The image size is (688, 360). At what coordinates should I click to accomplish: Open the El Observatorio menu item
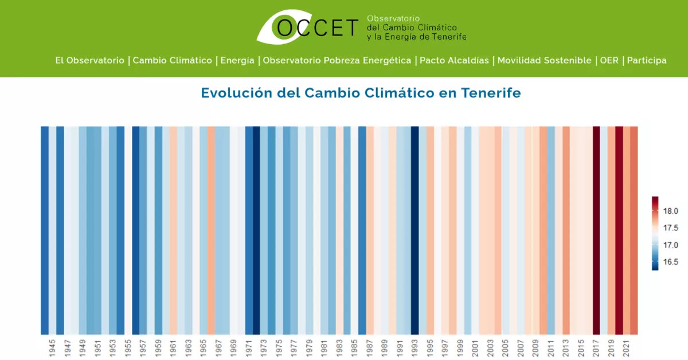point(89,60)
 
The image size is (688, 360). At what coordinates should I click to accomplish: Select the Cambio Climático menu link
point(173,60)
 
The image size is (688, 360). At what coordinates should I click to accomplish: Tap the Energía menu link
point(237,60)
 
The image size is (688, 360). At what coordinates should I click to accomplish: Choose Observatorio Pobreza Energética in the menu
point(337,60)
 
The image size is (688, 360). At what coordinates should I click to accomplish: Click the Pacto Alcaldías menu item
point(454,60)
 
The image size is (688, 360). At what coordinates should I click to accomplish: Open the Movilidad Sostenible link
point(544,60)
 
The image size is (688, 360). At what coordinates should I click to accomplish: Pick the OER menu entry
point(609,60)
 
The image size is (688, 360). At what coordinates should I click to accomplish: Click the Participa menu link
point(647,60)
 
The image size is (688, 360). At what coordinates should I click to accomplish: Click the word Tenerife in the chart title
point(491,93)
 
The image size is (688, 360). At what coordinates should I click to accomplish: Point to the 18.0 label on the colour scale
point(671,211)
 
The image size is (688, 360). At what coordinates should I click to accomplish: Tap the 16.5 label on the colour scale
point(671,261)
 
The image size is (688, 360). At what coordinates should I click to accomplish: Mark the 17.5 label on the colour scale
point(671,228)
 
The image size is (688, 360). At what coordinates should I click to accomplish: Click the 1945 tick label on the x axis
point(53,346)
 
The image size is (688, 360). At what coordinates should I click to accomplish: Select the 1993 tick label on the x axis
point(415,346)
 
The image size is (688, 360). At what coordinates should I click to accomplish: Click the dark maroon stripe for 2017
point(596,229)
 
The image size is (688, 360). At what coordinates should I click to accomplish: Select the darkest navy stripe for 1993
point(415,229)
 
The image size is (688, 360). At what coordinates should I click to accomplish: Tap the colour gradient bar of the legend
point(655,233)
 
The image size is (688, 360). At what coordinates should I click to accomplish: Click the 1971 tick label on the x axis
point(249,346)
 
